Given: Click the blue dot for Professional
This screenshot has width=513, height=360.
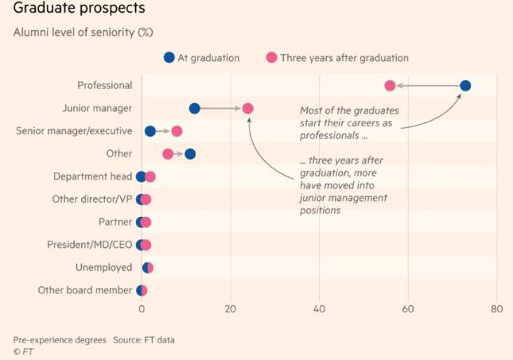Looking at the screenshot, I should [x=465, y=86].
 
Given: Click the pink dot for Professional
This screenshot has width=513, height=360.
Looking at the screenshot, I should [x=390, y=86].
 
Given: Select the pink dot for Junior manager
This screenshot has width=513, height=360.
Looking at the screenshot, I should [x=247, y=109].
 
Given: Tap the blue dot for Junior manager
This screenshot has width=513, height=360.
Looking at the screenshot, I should [x=194, y=109].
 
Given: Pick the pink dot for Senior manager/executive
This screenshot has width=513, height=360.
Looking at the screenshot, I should [x=177, y=131].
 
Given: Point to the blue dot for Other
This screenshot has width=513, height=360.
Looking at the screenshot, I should [x=189, y=154].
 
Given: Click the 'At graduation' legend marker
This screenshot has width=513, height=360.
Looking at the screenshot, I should [x=169, y=57].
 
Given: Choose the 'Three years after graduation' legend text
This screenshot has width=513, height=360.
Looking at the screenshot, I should [x=344, y=58].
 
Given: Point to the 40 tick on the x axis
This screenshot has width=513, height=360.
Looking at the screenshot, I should [x=320, y=309].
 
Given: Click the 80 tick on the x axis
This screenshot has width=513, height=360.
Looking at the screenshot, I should [x=497, y=309].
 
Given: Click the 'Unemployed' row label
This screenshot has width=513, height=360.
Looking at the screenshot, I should [x=103, y=268].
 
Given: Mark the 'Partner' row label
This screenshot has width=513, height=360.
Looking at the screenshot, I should [x=115, y=223].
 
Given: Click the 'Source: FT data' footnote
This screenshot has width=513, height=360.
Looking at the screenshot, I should [x=144, y=340].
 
